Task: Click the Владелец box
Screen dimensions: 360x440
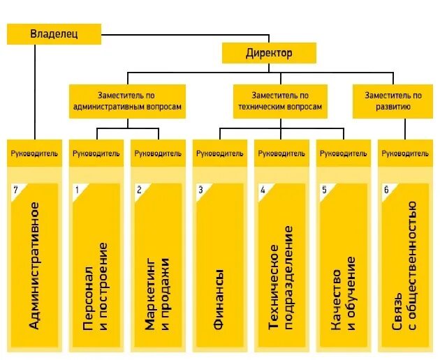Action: coord(54,33)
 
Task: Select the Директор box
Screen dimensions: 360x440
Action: coord(269,53)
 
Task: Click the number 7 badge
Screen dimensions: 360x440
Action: coord(16,190)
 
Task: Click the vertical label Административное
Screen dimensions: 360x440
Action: coord(33,265)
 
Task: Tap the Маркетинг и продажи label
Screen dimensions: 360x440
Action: coord(157,286)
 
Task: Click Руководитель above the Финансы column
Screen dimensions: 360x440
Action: coord(219,153)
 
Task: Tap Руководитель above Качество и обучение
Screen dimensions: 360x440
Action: coord(342,153)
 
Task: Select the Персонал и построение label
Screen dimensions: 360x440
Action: coord(96,286)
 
